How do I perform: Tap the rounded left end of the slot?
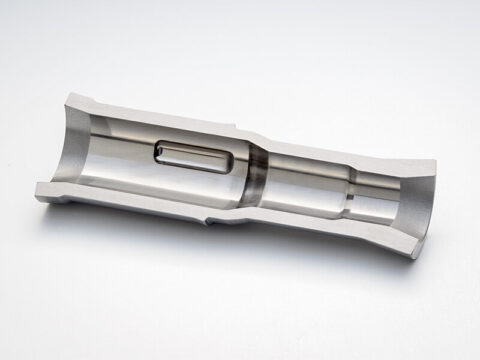tap(160, 153)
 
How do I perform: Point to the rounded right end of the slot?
tap(233, 163)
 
